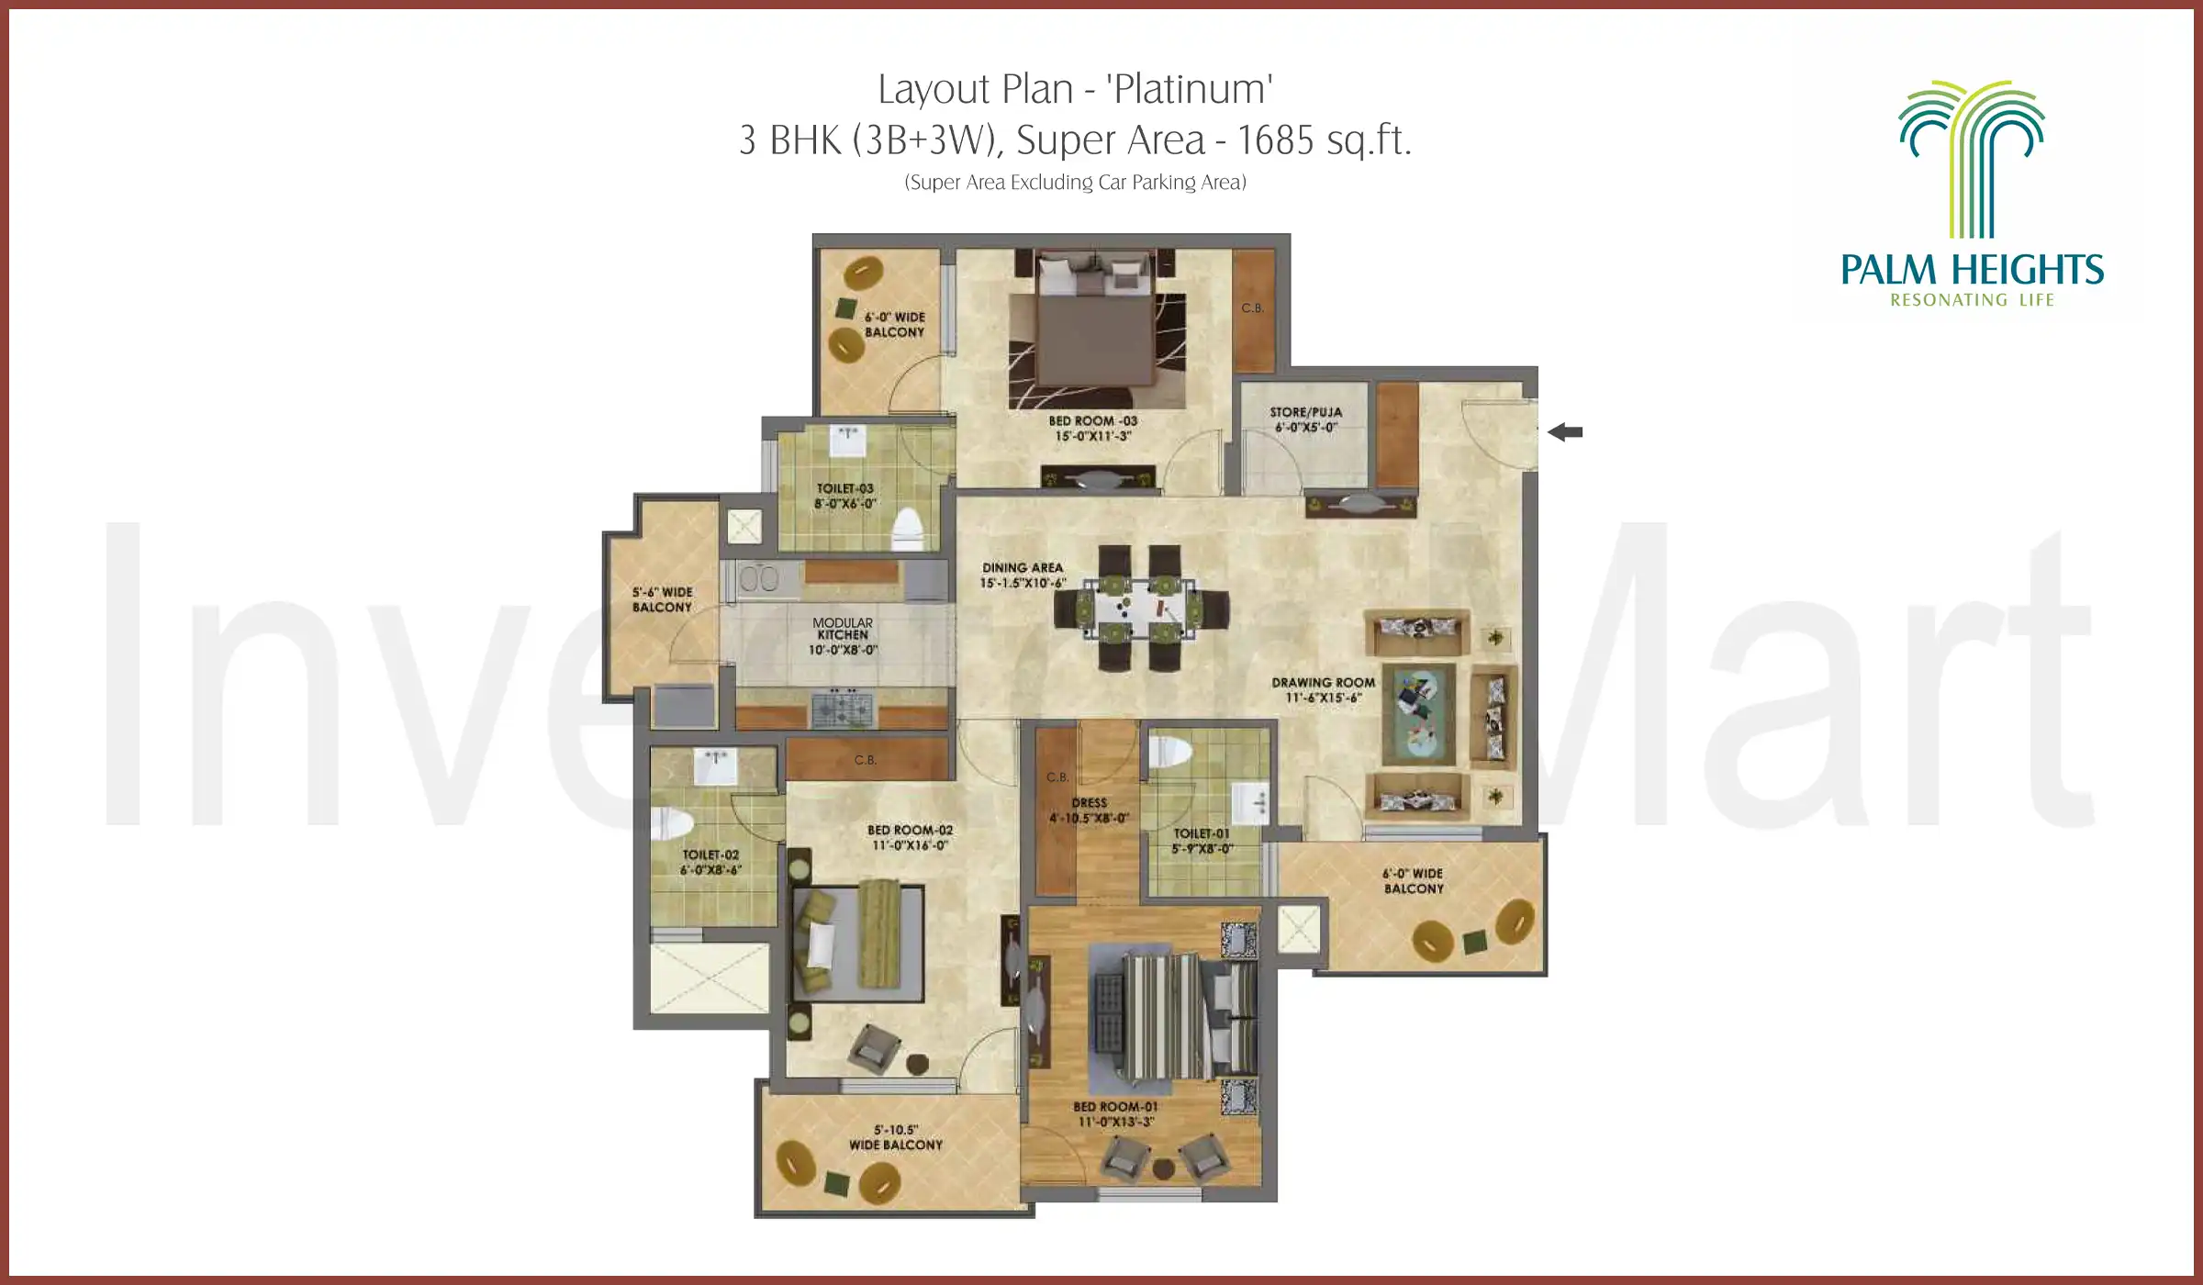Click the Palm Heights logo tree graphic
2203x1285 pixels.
pyautogui.click(x=1972, y=156)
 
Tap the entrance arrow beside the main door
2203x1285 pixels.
pyautogui.click(x=1565, y=432)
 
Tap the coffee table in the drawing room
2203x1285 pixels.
pyautogui.click(x=1419, y=713)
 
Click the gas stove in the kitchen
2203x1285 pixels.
pyautogui.click(x=842, y=709)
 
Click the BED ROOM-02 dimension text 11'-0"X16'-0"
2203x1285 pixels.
pyautogui.click(x=910, y=845)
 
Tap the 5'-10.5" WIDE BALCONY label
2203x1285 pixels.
pyautogui.click(x=896, y=1137)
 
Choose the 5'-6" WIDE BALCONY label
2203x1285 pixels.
pyautogui.click(x=662, y=599)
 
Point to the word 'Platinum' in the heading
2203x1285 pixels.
pyautogui.click(x=1190, y=90)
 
